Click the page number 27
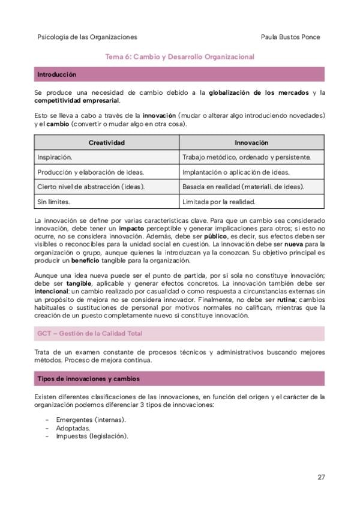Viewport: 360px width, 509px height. point(322,477)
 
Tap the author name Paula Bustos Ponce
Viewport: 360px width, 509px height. point(291,37)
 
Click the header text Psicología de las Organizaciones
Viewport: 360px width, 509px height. point(87,37)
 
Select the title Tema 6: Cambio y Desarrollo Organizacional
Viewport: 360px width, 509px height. point(179,56)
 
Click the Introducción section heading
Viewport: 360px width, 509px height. point(57,74)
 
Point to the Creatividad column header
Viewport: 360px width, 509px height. point(107,142)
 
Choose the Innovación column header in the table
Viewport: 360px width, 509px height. point(251,142)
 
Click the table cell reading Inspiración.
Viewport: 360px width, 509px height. point(55,157)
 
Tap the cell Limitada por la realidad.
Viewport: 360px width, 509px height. point(219,202)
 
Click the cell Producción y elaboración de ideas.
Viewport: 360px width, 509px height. point(83,172)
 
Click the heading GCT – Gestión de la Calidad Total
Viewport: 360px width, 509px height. point(90,333)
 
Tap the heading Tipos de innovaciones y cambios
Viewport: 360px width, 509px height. point(88,379)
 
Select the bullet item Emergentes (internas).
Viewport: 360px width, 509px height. point(91,420)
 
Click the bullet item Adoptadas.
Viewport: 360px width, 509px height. point(73,428)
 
